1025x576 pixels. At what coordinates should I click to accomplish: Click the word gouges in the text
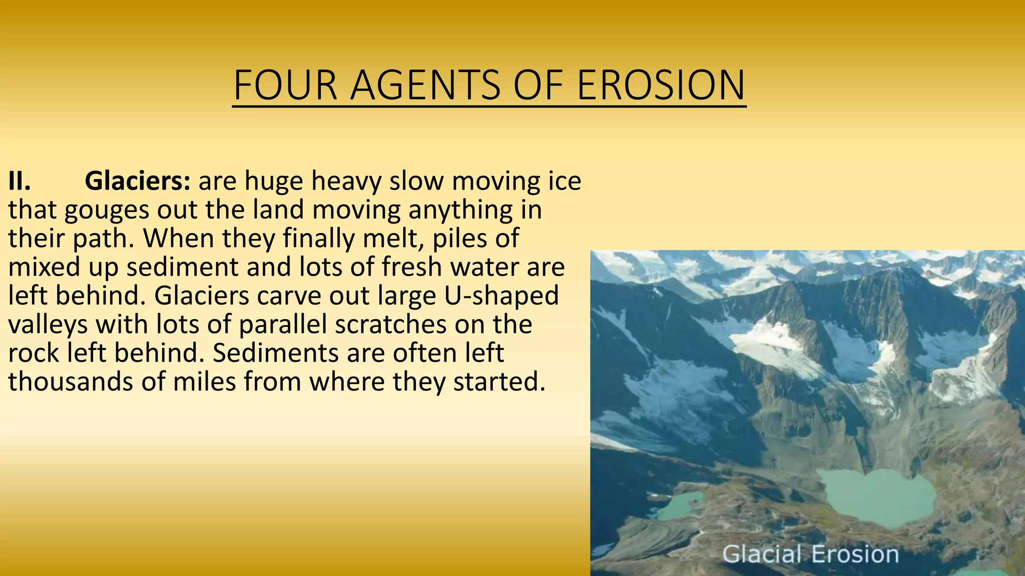tap(107, 210)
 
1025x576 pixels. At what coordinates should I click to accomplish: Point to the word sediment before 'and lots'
tap(182, 267)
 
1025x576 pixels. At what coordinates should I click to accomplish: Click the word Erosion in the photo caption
tap(855, 554)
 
